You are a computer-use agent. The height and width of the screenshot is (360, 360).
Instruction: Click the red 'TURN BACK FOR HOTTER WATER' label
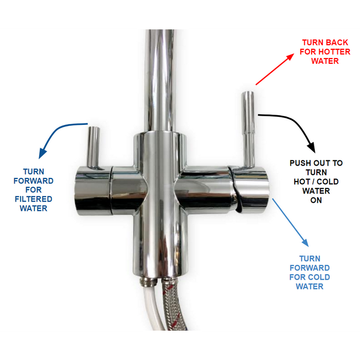tap(326, 51)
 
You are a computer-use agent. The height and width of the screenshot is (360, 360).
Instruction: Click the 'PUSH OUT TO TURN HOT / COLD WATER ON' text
tap(316, 182)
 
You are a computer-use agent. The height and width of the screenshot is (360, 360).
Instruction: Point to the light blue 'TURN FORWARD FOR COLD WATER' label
tap(310, 272)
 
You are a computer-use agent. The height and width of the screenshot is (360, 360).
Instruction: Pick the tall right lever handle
tap(248, 129)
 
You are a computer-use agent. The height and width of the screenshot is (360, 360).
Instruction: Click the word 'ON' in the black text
tap(316, 200)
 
